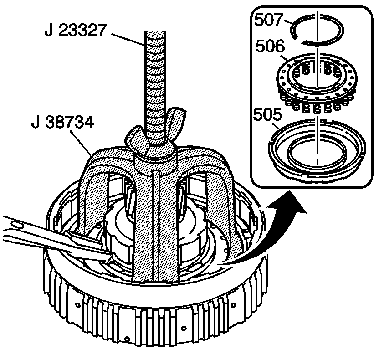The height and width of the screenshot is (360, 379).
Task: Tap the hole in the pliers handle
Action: click(x=17, y=224)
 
